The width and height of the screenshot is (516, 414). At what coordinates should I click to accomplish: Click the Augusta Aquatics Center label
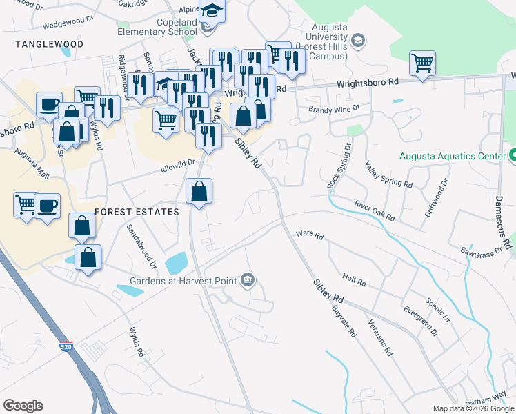[x=453, y=157]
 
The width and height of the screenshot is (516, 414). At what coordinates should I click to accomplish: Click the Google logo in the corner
[x=23, y=406]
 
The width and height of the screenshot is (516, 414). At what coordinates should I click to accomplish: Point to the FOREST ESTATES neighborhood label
[x=137, y=212]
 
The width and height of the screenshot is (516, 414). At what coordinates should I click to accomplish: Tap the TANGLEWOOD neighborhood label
[x=49, y=44]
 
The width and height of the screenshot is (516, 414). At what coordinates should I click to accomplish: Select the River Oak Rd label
[x=375, y=211]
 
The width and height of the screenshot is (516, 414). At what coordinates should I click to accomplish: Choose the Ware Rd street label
[x=309, y=235]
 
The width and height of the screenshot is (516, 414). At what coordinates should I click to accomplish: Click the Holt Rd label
[x=353, y=281]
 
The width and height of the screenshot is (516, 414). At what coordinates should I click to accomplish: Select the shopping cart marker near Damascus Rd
[x=422, y=63]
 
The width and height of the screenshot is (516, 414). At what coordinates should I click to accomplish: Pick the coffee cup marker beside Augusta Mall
[x=47, y=205]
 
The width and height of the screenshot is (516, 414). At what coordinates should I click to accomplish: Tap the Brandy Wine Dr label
[x=334, y=109]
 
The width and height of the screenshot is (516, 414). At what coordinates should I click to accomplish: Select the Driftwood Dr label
[x=436, y=199]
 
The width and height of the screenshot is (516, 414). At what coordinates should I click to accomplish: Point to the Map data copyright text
[x=473, y=408]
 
